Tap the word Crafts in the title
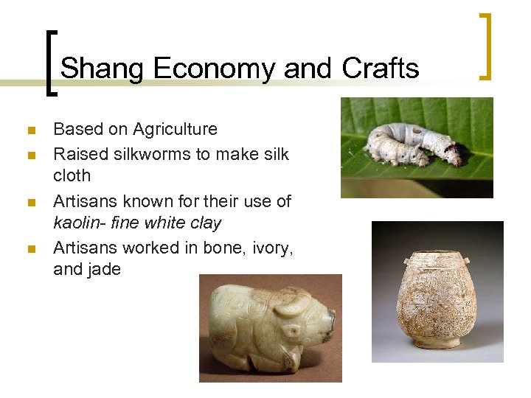point(381,69)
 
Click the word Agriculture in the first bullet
point(175,129)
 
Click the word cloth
point(72,175)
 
